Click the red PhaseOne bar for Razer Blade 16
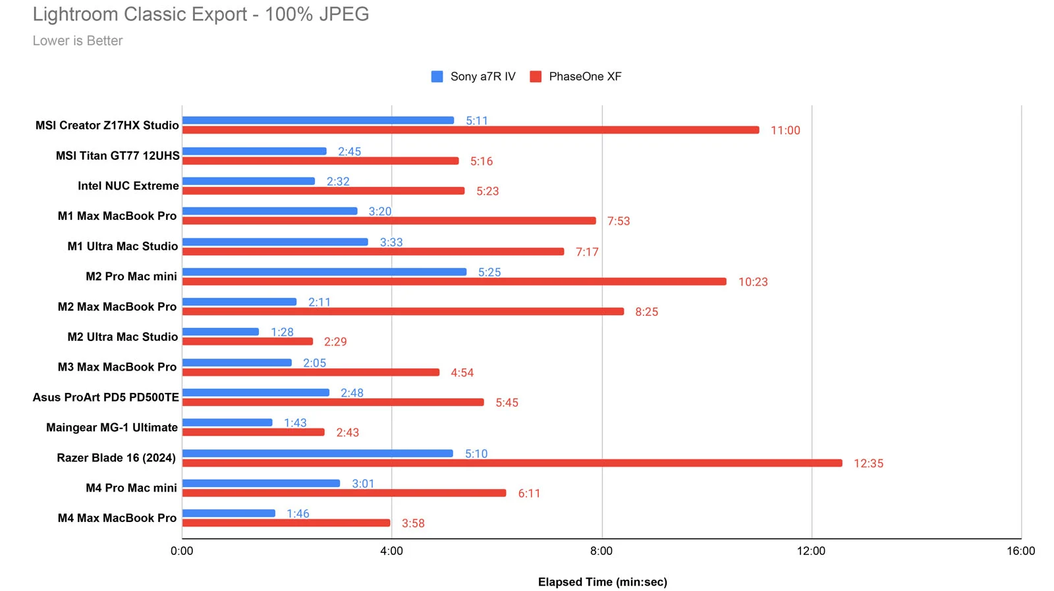coord(512,463)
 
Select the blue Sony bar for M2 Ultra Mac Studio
coord(221,332)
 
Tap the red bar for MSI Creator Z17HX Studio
coord(470,130)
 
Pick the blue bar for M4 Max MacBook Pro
coord(229,513)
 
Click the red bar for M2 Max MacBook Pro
coord(402,311)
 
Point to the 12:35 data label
coord(868,463)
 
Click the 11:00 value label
coord(785,130)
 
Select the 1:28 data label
coord(282,332)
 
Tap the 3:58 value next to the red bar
coord(413,523)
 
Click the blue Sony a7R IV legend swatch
coord(437,77)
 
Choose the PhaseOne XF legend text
coord(585,77)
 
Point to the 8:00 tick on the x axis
coord(601,551)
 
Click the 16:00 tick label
coord(1020,551)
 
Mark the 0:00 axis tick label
coord(182,551)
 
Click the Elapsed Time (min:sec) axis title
coord(602,582)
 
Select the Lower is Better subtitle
coord(78,41)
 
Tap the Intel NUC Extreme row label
coord(128,186)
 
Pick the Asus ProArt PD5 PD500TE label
coord(106,397)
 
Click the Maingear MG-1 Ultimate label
coord(112,427)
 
